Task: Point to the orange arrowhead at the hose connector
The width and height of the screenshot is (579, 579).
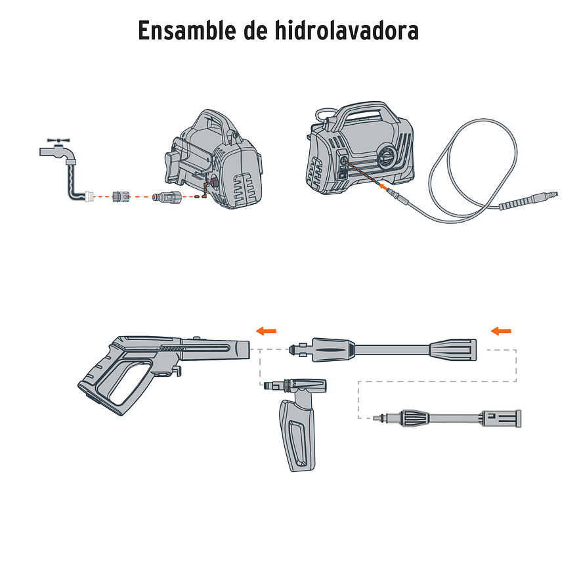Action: point(383,186)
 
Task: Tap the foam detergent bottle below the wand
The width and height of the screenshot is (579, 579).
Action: point(299,430)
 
